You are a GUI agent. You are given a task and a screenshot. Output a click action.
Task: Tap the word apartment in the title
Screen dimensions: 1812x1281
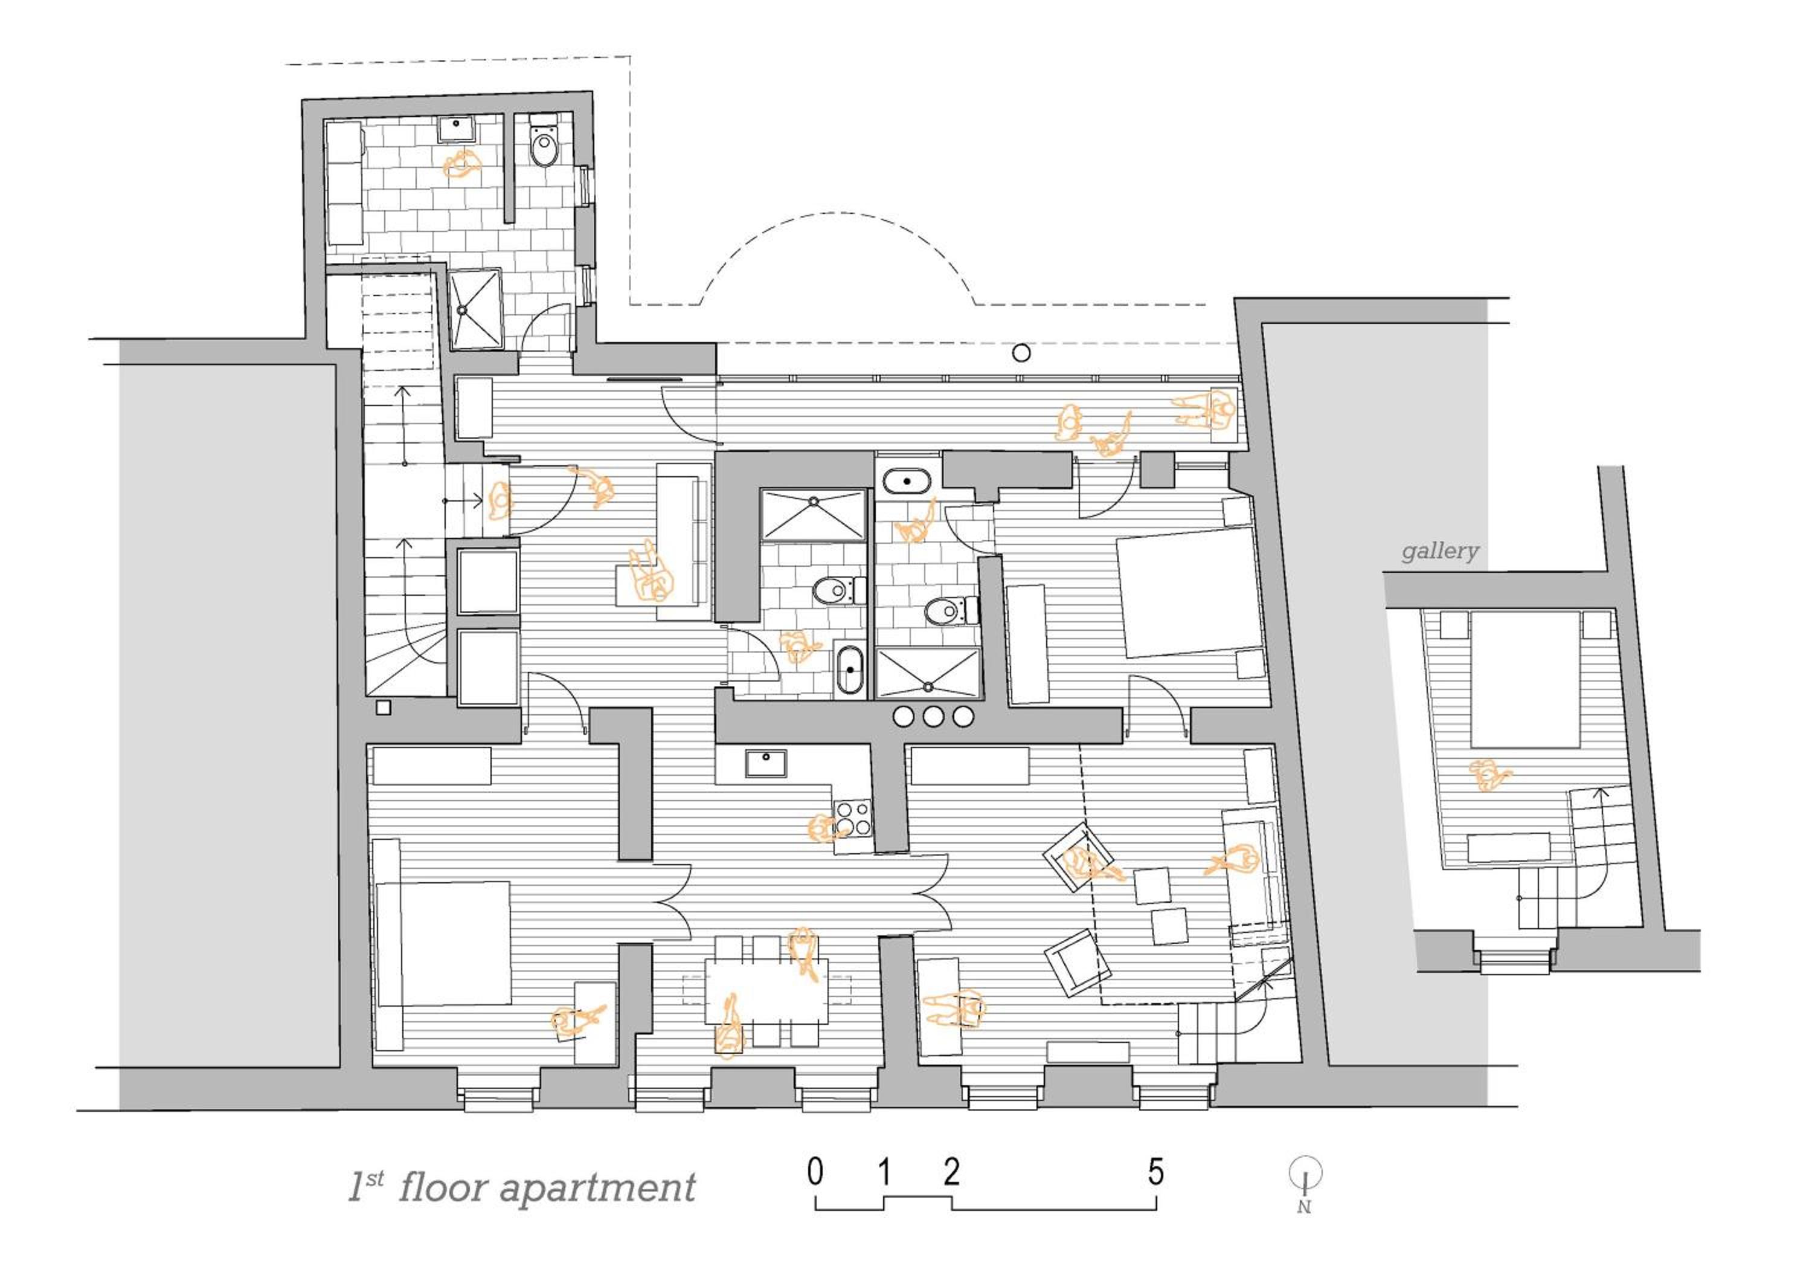coord(597,1189)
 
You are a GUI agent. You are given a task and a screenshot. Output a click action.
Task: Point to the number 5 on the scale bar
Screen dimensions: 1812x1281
coord(1155,1173)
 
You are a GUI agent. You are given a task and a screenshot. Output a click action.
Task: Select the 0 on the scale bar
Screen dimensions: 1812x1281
coord(815,1173)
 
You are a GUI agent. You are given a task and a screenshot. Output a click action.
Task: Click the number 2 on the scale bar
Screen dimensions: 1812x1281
coord(952,1173)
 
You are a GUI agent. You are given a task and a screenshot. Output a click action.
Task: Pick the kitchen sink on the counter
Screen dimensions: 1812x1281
coord(765,763)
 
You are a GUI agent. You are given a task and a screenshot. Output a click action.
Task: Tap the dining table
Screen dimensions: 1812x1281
coord(766,990)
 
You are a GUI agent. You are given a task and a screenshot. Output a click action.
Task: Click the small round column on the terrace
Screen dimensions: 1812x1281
coord(1021,353)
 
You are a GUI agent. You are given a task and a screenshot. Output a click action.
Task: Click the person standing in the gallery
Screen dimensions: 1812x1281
coord(1488,775)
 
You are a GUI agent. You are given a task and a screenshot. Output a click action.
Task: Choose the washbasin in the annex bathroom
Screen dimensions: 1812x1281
coord(455,129)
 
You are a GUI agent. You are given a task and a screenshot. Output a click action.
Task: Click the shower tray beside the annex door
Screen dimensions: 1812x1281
coord(476,309)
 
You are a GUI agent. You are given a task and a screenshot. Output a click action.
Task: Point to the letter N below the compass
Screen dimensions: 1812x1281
coord(1304,1206)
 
